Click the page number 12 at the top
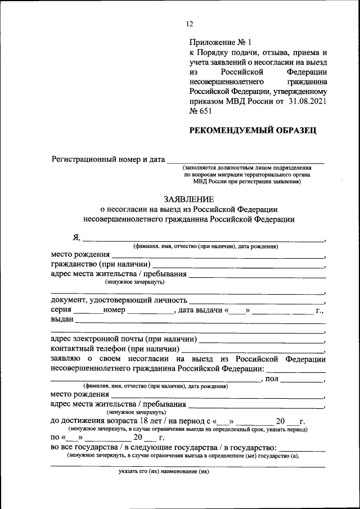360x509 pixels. pos(189,24)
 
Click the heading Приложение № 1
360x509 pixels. pos(221,42)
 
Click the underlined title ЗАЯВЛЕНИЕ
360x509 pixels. pos(188,199)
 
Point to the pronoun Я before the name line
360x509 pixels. pos(69,237)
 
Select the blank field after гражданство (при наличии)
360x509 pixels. pos(238,265)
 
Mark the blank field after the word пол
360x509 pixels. pos(302,380)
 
